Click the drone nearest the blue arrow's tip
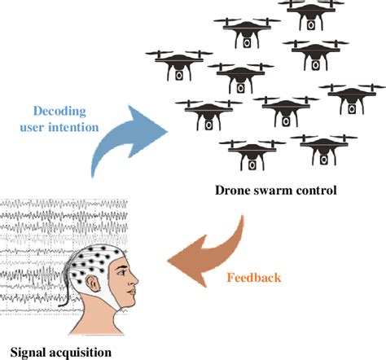[x=199, y=113]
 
